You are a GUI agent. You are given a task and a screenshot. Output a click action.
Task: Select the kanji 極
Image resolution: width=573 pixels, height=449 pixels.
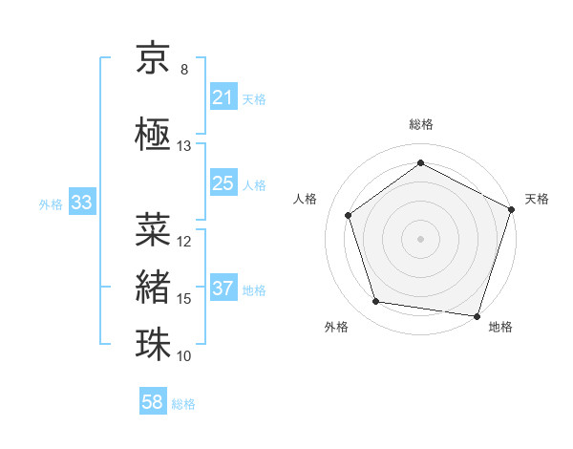(x=153, y=134)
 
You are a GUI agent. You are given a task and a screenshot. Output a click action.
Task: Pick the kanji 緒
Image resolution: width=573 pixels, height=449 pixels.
(x=153, y=287)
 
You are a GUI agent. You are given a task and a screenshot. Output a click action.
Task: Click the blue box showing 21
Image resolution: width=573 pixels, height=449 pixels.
(x=223, y=97)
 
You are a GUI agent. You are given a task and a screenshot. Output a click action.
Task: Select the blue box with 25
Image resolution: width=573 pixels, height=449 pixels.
(x=223, y=183)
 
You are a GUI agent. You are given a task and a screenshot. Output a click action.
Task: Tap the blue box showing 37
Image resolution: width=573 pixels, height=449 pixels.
(x=223, y=289)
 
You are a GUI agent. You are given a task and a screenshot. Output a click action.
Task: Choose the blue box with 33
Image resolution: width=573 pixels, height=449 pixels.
(x=80, y=203)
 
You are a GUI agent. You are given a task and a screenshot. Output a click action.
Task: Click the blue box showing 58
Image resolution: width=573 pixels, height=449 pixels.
(x=153, y=403)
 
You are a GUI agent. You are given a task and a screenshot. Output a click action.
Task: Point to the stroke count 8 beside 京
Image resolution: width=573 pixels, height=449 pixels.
(x=184, y=70)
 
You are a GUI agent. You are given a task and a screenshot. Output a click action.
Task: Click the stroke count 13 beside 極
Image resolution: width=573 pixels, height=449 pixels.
(x=184, y=146)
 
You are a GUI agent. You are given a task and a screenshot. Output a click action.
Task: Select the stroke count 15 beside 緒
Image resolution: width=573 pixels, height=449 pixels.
(x=184, y=299)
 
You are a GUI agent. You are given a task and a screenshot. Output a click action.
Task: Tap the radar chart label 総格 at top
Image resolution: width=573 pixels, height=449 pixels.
(x=420, y=124)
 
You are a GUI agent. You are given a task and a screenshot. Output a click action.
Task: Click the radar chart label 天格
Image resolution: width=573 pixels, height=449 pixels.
(x=537, y=199)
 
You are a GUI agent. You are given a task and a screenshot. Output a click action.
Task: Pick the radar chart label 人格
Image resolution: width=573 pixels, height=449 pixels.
(x=306, y=199)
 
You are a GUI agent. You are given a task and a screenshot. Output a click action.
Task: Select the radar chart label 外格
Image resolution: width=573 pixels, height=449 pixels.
(x=336, y=327)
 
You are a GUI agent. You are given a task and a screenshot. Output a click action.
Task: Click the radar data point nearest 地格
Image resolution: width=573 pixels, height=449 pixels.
(x=477, y=315)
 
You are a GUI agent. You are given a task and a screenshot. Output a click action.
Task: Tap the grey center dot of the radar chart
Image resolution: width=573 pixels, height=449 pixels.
(x=420, y=238)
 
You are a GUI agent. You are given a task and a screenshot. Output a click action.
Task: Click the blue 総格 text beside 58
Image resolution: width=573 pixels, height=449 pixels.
(x=183, y=404)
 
